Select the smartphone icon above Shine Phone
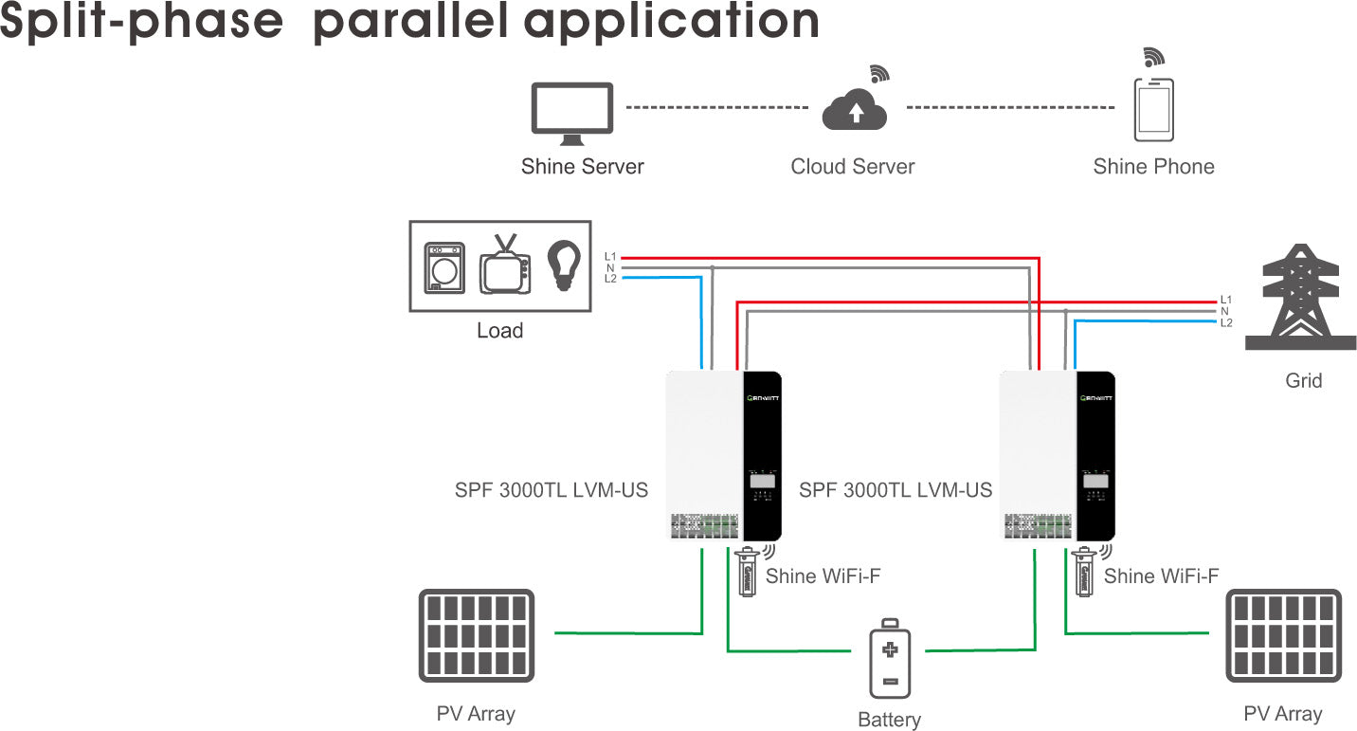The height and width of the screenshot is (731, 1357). tap(1153, 110)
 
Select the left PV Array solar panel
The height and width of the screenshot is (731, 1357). tap(477, 635)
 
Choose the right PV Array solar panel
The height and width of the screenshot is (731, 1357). tap(1283, 635)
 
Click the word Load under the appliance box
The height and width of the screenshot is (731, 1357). tap(499, 331)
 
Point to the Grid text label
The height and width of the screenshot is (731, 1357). tap(1303, 381)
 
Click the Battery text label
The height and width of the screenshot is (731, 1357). tap(889, 720)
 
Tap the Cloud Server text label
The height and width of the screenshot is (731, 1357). tap(853, 167)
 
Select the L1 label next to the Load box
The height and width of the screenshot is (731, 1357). tap(610, 257)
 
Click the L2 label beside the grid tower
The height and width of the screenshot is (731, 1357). tap(1226, 323)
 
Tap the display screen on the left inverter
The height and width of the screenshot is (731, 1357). tap(762, 481)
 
